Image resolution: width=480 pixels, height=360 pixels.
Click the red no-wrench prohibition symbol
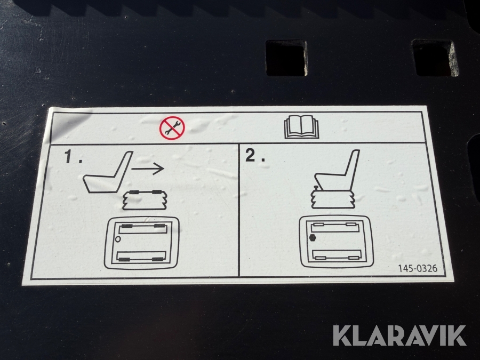(x=172, y=128)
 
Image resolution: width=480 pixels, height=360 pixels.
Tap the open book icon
(x=301, y=127)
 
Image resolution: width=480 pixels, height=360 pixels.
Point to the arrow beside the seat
(x=148, y=169)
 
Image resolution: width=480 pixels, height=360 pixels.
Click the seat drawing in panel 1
(x=108, y=172)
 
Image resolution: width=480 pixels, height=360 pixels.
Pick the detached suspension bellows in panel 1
(x=145, y=200)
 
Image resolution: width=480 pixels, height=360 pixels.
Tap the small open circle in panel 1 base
(x=118, y=239)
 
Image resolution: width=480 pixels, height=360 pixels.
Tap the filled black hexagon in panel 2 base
(x=312, y=237)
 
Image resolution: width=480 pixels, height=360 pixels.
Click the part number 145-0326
(x=418, y=268)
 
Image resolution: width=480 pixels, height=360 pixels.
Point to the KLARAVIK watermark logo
(x=399, y=335)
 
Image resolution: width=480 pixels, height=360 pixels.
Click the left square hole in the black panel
(x=286, y=58)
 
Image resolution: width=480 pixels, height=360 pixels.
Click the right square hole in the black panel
(x=435, y=58)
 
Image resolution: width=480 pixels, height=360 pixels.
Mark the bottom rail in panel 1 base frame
(x=142, y=257)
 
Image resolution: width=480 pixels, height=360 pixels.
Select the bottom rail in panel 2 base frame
(x=337, y=255)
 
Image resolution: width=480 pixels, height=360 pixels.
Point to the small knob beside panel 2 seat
(x=315, y=187)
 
